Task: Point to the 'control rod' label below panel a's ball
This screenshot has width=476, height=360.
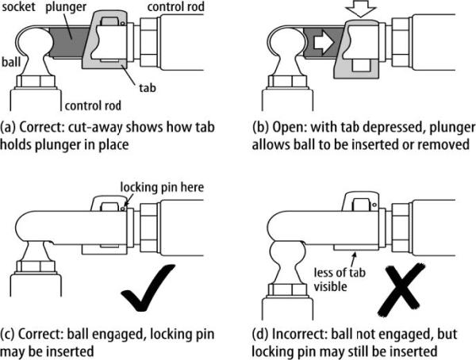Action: (94, 102)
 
